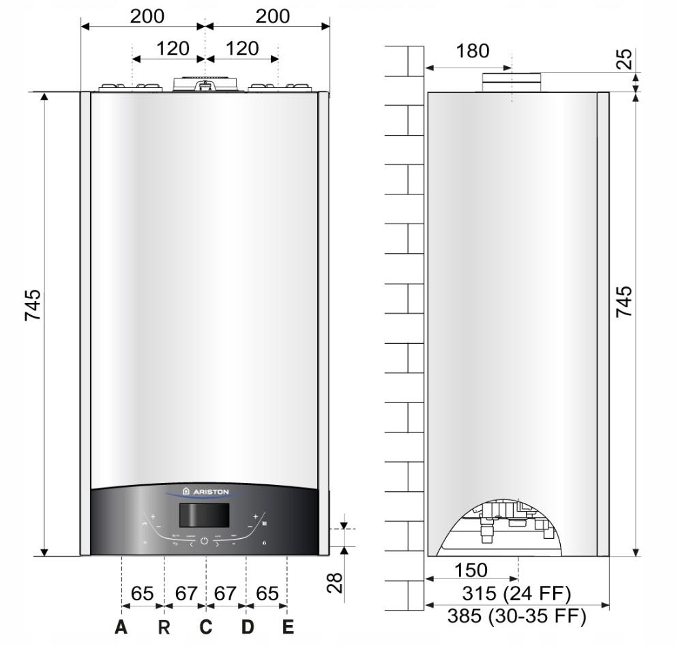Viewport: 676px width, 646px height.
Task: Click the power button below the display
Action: point(204,544)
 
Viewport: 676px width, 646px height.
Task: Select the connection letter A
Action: point(121,626)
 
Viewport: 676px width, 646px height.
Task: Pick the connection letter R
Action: point(164,626)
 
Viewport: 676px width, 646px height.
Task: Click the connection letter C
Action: point(205,626)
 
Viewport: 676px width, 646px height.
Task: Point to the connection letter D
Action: point(247,626)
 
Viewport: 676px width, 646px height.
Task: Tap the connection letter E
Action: point(288,626)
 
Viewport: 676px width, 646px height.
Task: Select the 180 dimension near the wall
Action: point(473,51)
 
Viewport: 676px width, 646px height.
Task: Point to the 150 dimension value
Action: point(471,570)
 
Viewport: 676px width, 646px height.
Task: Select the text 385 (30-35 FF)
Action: point(516,616)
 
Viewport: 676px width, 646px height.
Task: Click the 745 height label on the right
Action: point(623,302)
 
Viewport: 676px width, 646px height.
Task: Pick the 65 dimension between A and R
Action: point(142,593)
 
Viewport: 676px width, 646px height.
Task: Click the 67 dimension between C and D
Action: point(225,593)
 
